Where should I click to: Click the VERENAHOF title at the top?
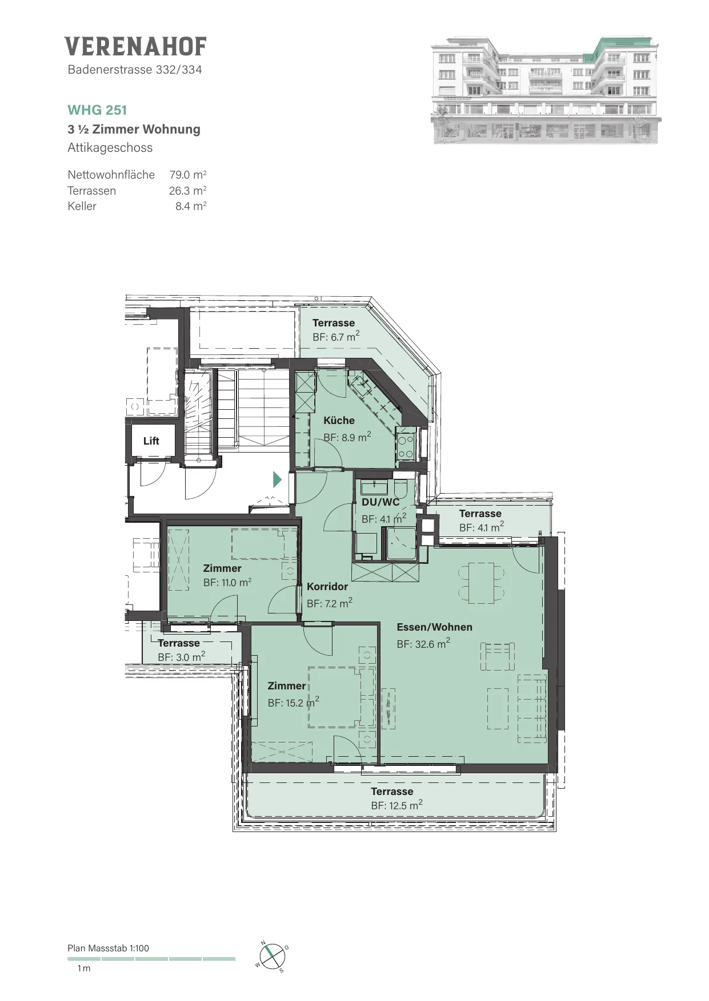[135, 47]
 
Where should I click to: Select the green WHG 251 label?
[97, 110]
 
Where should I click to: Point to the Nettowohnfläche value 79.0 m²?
[188, 175]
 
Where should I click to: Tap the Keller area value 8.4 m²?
[191, 206]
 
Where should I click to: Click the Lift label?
[151, 441]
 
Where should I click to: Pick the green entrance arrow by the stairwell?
[278, 479]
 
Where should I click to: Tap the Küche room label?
[339, 421]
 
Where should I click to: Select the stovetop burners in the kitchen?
[406, 447]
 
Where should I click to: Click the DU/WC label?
[380, 502]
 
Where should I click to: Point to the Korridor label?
[327, 587]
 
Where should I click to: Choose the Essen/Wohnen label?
[435, 627]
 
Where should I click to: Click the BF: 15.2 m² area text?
[294, 703]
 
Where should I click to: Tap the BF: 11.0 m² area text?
[227, 583]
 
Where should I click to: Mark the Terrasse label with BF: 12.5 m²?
[392, 792]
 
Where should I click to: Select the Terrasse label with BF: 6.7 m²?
[334, 323]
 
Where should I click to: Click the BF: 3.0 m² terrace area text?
[182, 657]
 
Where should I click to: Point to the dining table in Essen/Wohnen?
[482, 583]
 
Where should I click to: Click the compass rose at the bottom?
[273, 956]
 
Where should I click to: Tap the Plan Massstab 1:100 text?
[108, 948]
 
